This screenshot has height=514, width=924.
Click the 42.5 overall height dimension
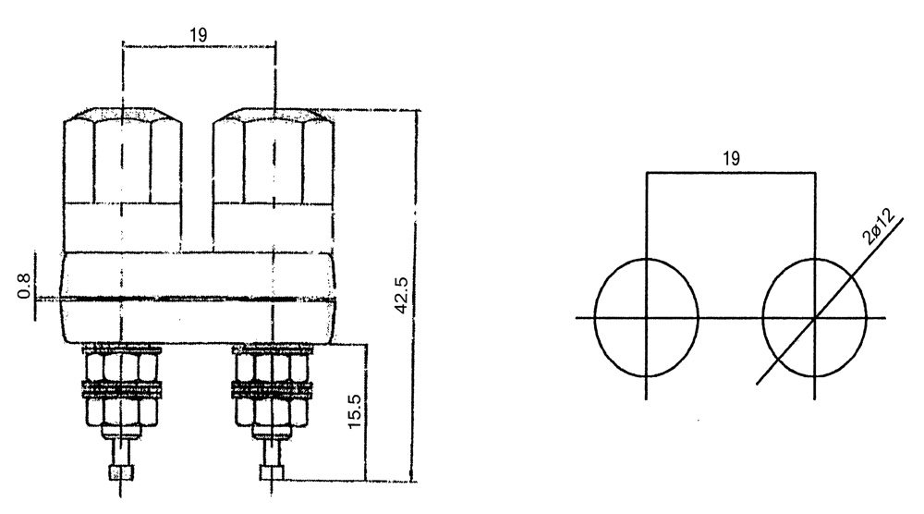tap(401, 295)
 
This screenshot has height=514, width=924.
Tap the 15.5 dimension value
tap(354, 411)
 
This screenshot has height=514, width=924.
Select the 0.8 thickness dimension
tap(24, 286)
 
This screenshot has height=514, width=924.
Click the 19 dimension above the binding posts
tap(199, 35)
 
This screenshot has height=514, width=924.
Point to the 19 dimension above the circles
tap(731, 159)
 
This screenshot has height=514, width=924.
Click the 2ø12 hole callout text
tap(878, 226)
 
